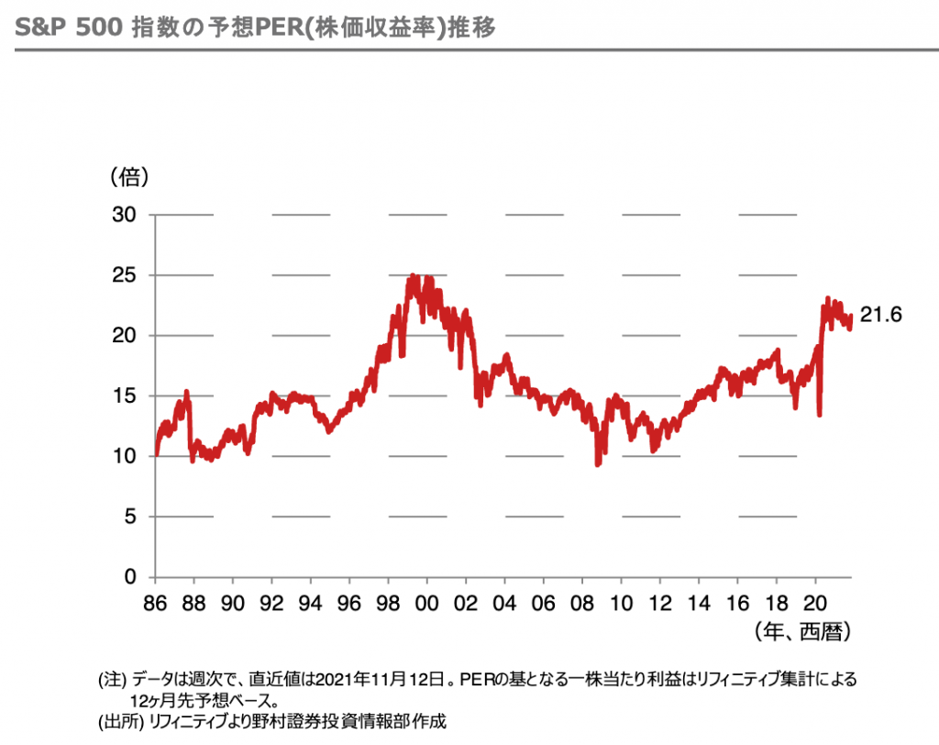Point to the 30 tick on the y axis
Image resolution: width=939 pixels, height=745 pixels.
[x=124, y=215]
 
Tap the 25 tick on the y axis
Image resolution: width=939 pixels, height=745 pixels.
[x=124, y=275]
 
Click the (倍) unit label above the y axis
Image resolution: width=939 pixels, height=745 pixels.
[x=129, y=174]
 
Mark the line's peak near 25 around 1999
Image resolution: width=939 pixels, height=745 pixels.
[x=414, y=275]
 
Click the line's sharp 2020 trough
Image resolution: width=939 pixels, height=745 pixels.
[x=819, y=415]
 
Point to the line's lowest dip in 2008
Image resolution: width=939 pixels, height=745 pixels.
[x=598, y=464]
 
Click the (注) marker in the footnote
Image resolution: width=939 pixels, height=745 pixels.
[x=112, y=680]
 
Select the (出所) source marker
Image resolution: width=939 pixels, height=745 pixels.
[x=116, y=720]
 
